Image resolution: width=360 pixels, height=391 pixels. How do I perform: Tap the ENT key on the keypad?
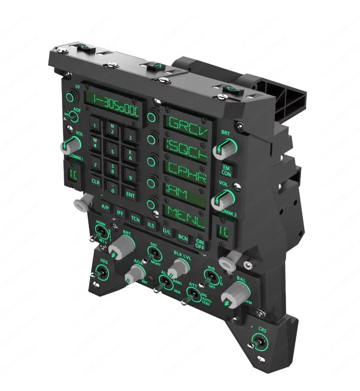click(130, 194)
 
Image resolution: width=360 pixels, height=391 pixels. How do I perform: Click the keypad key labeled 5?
click(113, 152)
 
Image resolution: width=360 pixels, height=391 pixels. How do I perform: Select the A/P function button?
click(105, 208)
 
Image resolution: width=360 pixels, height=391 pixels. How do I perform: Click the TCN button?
click(135, 218)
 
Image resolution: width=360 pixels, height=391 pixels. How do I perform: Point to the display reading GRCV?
click(185, 125)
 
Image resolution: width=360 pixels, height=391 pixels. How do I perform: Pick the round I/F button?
click(71, 98)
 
